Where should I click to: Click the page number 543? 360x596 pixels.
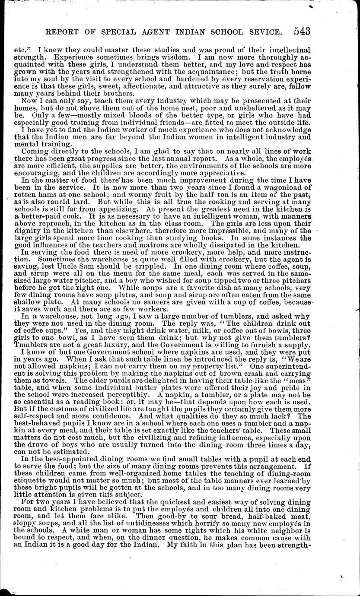(302, 31)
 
